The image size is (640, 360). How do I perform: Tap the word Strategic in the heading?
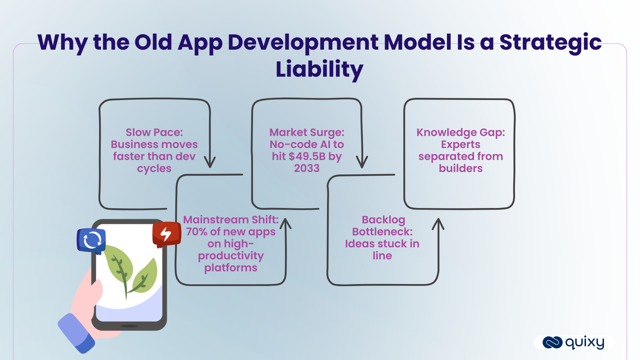click(550, 42)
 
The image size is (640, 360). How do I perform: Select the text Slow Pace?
click(154, 132)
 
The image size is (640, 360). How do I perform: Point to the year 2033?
click(307, 168)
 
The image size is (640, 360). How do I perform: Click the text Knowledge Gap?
click(460, 132)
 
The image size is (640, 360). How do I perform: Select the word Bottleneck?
click(382, 232)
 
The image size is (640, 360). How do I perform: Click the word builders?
click(460, 168)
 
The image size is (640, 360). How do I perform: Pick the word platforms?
click(231, 268)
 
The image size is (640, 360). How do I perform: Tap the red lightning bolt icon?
click(166, 234)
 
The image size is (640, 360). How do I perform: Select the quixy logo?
click(573, 342)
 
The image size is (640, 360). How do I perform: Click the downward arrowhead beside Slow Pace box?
click(210, 163)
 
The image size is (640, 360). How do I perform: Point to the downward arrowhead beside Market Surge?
click(362, 163)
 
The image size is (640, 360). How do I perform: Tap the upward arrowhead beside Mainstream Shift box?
click(286, 223)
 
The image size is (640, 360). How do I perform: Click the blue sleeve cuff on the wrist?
click(76, 333)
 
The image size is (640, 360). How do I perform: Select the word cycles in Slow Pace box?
click(154, 168)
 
